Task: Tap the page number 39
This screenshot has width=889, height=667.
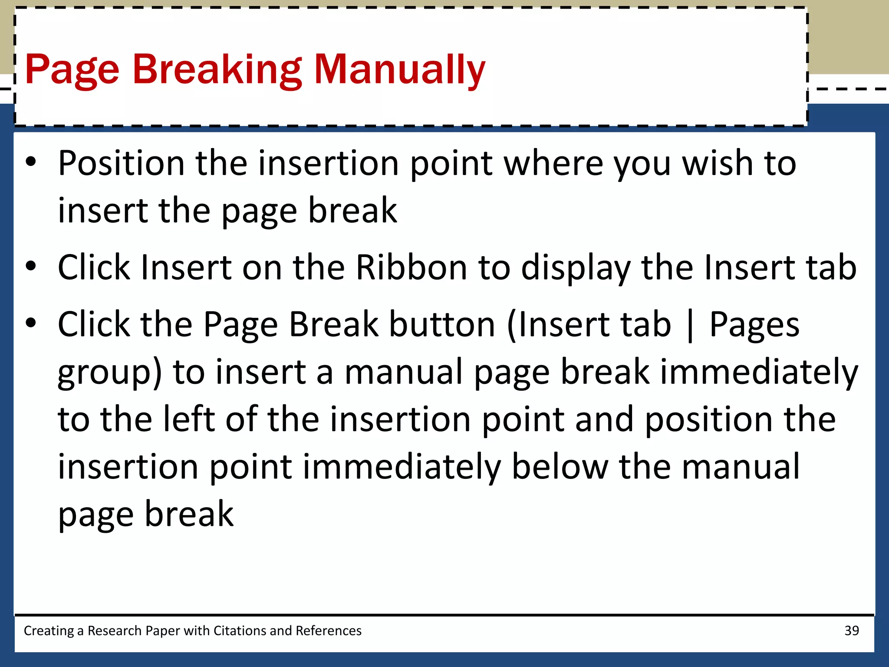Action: point(852,631)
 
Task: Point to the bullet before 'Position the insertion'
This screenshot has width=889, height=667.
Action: point(31,162)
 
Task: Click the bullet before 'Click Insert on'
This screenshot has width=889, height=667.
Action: point(31,266)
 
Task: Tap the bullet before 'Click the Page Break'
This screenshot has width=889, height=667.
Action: point(31,323)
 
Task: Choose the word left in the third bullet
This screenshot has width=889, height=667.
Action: point(189,419)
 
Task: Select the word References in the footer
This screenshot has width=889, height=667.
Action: point(328,631)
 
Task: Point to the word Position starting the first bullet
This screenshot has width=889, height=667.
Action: point(122,164)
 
